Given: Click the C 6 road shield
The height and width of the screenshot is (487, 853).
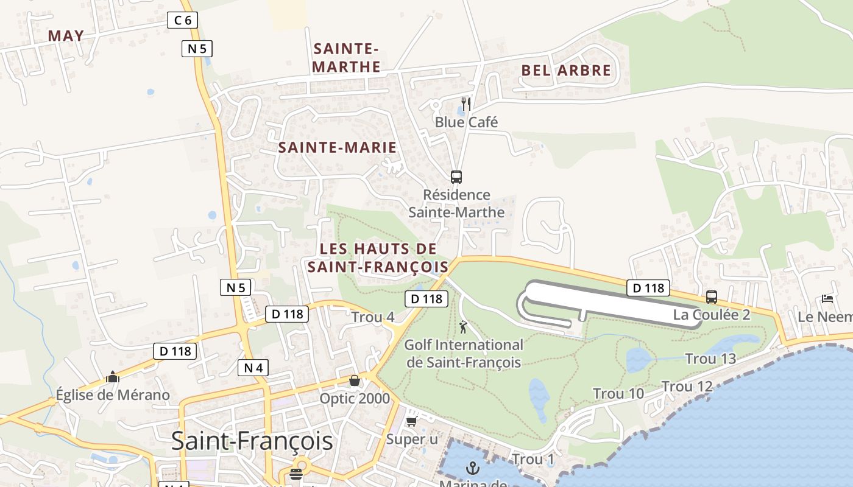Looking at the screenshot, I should coord(182,20).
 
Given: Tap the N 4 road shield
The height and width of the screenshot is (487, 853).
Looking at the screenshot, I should coord(253,368).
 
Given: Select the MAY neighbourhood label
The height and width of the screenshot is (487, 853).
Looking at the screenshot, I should coord(66,35).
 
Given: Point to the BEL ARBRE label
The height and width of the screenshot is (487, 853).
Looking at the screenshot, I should coord(566,70).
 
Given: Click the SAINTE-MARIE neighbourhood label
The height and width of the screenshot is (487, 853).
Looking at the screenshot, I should coord(338,147).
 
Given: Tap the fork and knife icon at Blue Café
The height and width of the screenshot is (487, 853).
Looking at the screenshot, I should coord(466,103).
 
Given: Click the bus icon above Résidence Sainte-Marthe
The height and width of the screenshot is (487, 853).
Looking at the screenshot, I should coord(456,177).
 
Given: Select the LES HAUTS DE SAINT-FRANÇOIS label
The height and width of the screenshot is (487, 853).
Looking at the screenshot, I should coord(378,258).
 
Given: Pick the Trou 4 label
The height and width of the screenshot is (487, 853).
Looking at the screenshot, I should coord(373,317).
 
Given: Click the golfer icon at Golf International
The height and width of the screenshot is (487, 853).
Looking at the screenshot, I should coord(464,327).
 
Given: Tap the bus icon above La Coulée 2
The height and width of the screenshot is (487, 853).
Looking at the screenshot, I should coord(711,297).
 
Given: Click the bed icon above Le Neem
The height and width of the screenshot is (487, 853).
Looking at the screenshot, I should coord(827,299).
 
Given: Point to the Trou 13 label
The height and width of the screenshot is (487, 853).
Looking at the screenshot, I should coord(710,359).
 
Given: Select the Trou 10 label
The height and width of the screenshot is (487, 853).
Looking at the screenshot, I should coord(618,394).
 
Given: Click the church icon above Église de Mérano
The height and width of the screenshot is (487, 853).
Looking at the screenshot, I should coord(112,377).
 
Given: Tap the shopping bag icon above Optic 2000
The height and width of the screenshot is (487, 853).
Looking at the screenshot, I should coord(355,381).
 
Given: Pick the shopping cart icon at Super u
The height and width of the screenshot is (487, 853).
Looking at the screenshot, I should coord(412,421).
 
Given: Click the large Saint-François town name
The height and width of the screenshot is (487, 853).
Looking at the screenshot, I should coord(252,441).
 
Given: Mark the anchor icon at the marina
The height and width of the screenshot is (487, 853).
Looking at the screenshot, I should coord(472,468).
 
